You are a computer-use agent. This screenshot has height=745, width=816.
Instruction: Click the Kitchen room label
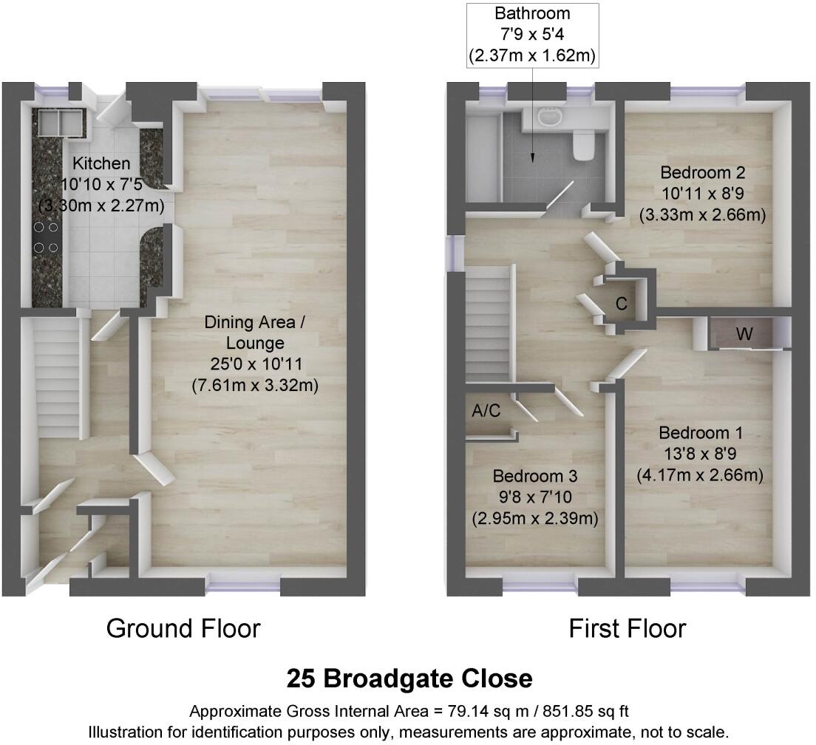(101, 163)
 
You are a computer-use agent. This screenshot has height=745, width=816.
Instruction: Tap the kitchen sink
(60, 121)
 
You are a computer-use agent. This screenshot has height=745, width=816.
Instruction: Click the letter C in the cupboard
(622, 304)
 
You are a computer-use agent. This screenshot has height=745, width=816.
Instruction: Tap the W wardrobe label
(744, 335)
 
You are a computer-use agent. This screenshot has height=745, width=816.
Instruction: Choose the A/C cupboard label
(486, 412)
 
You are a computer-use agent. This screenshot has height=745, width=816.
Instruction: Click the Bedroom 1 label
(701, 432)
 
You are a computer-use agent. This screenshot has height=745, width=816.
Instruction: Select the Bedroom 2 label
(702, 173)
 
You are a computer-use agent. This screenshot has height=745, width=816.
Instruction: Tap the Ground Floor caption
(183, 629)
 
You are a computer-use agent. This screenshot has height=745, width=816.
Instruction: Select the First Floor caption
(627, 629)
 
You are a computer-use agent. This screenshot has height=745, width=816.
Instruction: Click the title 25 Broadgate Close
(409, 678)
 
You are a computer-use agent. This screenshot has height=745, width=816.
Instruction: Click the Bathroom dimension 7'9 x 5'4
(533, 34)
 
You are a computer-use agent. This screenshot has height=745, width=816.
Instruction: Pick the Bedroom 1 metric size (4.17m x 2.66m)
(701, 474)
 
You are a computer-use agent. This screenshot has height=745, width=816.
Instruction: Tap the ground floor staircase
(57, 377)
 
